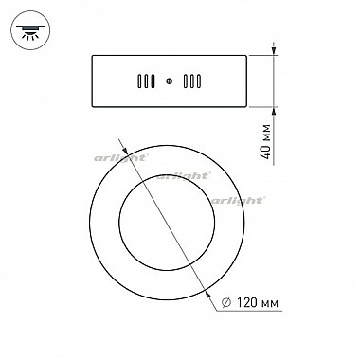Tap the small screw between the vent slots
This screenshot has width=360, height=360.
[x=170, y=81]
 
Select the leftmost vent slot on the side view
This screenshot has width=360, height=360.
[x=139, y=81]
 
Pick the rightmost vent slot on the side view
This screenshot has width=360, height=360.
[x=199, y=81]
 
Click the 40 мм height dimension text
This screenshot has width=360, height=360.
[x=267, y=142]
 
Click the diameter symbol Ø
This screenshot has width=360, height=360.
[x=226, y=303]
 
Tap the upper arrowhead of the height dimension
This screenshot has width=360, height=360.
[x=274, y=51]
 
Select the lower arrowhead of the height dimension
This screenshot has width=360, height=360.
[x=274, y=112]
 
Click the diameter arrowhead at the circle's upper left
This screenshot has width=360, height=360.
[x=124, y=150]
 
